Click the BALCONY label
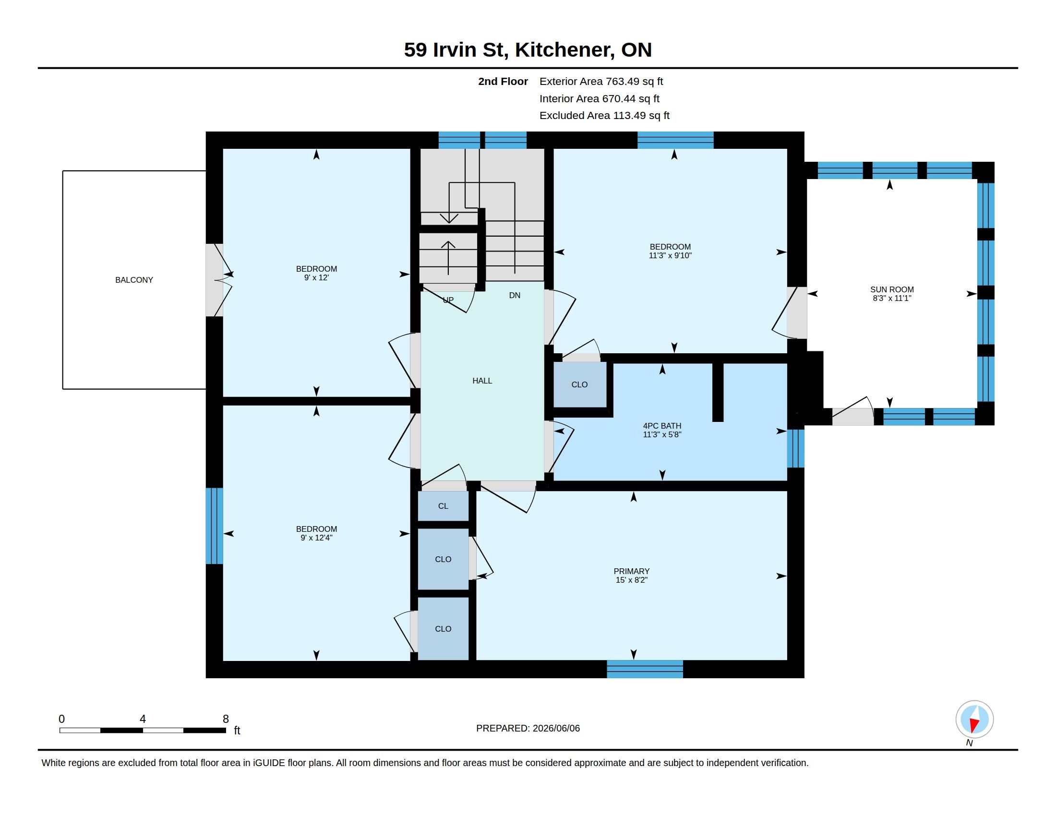tap(134, 280)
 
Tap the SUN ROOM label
tap(892, 289)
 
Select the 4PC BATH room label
tap(662, 426)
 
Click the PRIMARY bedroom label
tap(632, 571)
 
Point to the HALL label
tap(482, 381)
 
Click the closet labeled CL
tap(444, 506)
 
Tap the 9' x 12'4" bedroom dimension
tap(317, 538)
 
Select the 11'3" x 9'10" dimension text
tap(670, 255)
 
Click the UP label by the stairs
tap(448, 300)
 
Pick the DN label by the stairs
tap(515, 295)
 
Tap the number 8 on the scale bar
tap(225, 719)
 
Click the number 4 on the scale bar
tap(143, 719)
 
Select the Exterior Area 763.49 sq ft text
tap(601, 82)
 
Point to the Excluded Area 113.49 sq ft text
tap(604, 116)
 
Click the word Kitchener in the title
tap(565, 50)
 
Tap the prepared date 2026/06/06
tap(556, 728)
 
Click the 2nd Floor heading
tap(503, 82)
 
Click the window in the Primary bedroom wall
tap(645, 669)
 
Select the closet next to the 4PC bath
tap(580, 384)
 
